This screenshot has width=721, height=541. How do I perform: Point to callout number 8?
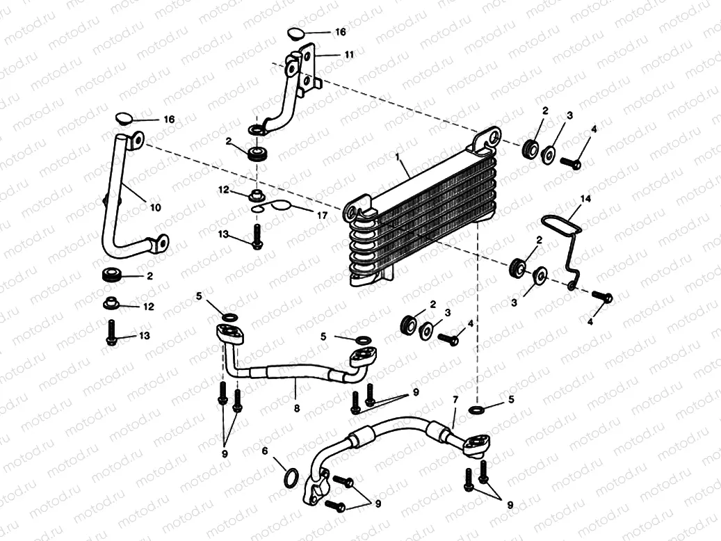click(296, 408)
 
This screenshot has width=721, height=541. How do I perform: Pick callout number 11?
click(348, 53)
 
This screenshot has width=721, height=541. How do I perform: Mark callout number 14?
click(585, 199)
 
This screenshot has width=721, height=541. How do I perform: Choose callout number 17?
click(322, 216)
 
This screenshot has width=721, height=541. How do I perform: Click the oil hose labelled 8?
click(292, 372)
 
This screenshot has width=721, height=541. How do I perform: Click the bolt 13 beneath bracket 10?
click(110, 332)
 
